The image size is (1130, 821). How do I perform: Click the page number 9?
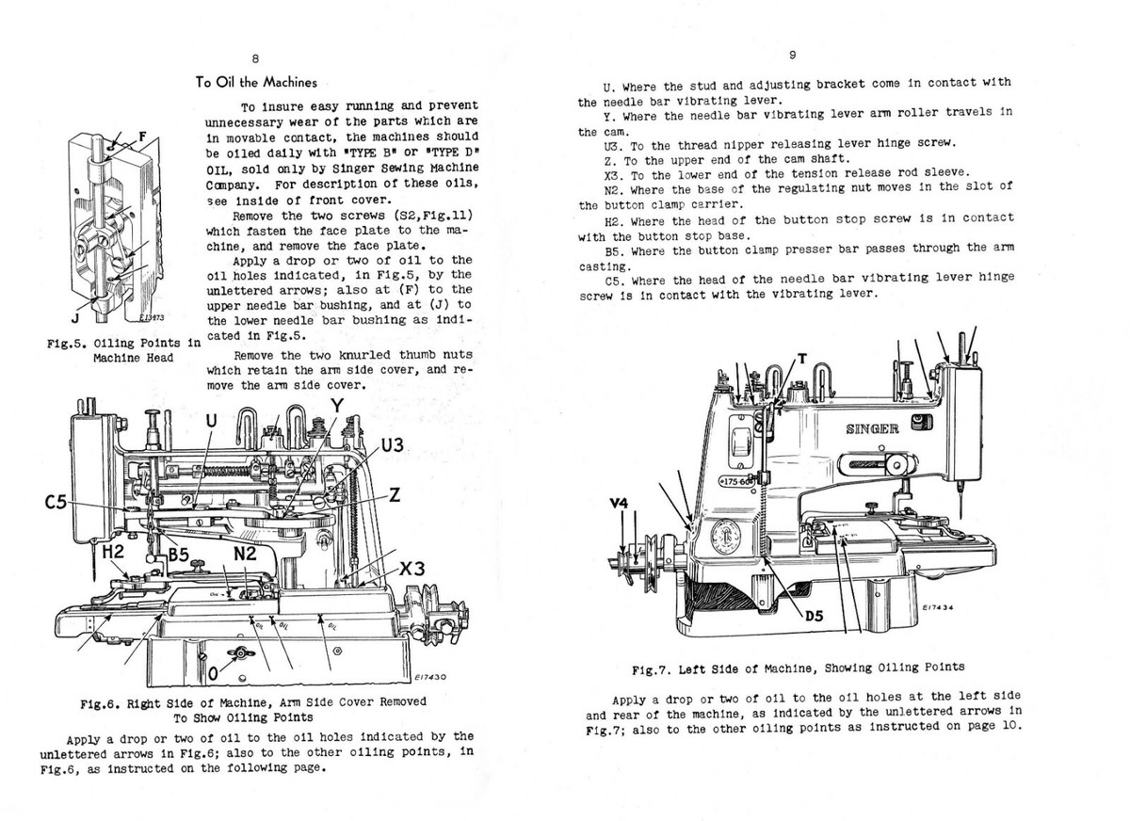[x=793, y=55]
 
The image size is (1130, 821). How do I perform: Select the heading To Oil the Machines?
[x=256, y=82]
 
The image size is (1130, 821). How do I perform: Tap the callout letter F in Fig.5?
[x=141, y=137]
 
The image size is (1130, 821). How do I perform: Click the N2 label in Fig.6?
[x=247, y=554]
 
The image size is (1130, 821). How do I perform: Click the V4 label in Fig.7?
[x=618, y=504]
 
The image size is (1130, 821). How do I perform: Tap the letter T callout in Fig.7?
[x=801, y=358]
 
